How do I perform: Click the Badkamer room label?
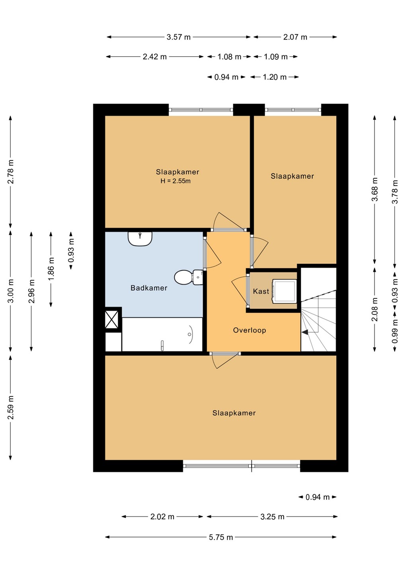149,288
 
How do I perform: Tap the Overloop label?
249,330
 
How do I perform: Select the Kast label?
261,291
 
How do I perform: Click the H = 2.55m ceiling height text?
175,181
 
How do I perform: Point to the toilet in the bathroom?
189,277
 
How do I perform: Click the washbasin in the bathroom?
140,239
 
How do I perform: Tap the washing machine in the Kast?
284,291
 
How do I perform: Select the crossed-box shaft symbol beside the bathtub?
112,320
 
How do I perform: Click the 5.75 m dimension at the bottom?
221,537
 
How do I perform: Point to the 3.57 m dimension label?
179,37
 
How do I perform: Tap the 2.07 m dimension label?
295,37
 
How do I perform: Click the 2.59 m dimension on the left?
10,407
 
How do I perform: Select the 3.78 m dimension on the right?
395,192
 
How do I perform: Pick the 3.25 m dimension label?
272,517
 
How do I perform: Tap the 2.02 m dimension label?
162,517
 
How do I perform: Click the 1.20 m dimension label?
275,77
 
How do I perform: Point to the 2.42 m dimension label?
155,57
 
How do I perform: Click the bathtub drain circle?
189,334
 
